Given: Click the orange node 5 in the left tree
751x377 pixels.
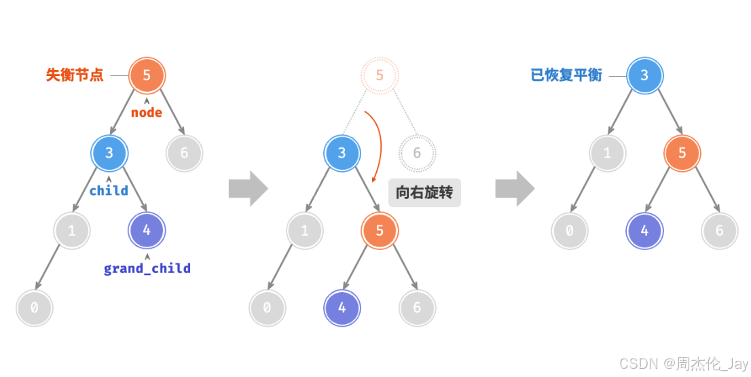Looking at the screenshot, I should [147, 75].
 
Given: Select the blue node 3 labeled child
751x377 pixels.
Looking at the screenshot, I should [109, 153].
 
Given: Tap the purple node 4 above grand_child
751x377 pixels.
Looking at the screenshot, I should [147, 230].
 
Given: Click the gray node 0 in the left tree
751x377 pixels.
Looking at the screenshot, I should [34, 308].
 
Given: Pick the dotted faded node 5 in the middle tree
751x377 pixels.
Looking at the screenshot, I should [380, 75].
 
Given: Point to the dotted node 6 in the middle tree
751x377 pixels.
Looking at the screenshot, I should [417, 153].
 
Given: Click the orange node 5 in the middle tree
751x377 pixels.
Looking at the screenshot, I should [380, 230].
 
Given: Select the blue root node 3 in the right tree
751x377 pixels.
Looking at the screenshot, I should [644, 75].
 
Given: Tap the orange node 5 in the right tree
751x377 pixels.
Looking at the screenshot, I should [682, 153].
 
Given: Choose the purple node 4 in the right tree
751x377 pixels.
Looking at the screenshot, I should [644, 230].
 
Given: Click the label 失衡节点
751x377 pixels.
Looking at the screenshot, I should [75, 75].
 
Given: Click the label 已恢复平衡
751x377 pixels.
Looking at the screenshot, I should [566, 75].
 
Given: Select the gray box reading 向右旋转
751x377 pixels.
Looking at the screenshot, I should [424, 193].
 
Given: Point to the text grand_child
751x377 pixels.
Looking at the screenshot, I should [147, 269].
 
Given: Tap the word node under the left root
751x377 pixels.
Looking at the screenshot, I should [147, 113].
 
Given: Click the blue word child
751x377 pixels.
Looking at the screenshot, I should [109, 191].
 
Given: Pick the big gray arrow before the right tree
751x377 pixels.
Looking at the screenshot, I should [515, 189].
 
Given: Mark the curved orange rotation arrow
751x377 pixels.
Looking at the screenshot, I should [377, 143].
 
